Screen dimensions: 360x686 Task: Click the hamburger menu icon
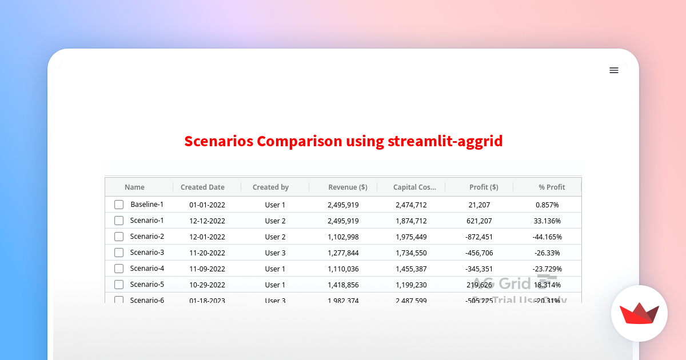coord(614,70)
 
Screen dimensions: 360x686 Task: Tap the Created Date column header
coord(202,187)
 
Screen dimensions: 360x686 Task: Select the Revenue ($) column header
coord(348,187)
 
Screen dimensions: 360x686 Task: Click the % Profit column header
coord(552,187)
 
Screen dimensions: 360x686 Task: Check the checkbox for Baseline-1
coord(119,205)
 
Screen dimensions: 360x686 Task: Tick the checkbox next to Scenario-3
coord(119,253)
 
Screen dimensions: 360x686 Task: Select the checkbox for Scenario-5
coord(119,285)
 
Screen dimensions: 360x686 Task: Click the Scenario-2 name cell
coord(147,237)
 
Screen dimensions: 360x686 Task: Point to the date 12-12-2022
coord(207,221)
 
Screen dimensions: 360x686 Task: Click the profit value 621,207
coord(479,221)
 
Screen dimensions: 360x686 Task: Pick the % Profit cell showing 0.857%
coord(547,205)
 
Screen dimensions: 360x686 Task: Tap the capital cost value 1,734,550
coord(411,253)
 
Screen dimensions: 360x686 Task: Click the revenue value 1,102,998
coord(343,237)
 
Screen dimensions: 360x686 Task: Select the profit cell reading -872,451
coord(479,237)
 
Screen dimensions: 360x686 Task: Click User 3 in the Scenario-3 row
coord(275,253)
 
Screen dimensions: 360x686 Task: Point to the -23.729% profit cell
coord(547,269)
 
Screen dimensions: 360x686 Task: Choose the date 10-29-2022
coord(207,285)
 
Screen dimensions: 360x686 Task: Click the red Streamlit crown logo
coord(639,314)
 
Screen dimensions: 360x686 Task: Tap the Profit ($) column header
coord(484,187)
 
